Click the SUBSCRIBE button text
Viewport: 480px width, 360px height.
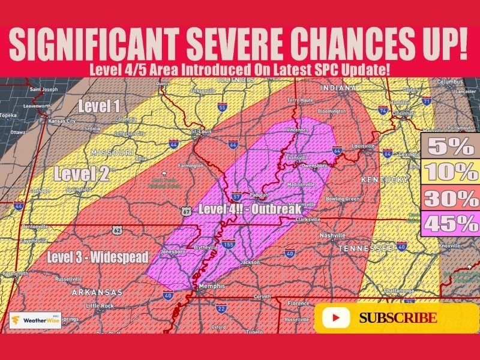pos(397,318)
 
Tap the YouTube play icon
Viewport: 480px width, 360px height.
pos(336,318)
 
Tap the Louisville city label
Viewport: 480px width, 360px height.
pos(363,146)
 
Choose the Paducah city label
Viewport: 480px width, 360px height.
pos(259,195)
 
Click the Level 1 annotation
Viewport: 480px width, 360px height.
pos(99,107)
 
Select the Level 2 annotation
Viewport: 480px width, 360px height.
pos(82,174)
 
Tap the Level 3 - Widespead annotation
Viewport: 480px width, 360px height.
pos(97,257)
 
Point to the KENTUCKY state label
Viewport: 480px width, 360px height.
pos(384,179)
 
